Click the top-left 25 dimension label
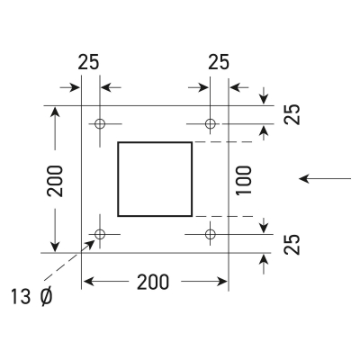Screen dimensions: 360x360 point(88,62)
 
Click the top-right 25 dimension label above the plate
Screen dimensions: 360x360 point(219,62)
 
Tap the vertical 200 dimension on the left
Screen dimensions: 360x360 point(55,181)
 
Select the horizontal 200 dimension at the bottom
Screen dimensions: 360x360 point(153,282)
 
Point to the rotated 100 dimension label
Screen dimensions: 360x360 point(243,180)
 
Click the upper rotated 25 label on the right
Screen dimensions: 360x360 point(292,114)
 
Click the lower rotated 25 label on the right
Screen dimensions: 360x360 point(292,244)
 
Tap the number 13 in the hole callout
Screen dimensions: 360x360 point(21,297)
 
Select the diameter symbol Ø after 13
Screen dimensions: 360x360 point(46,297)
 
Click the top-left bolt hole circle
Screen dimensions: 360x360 point(100,123)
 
